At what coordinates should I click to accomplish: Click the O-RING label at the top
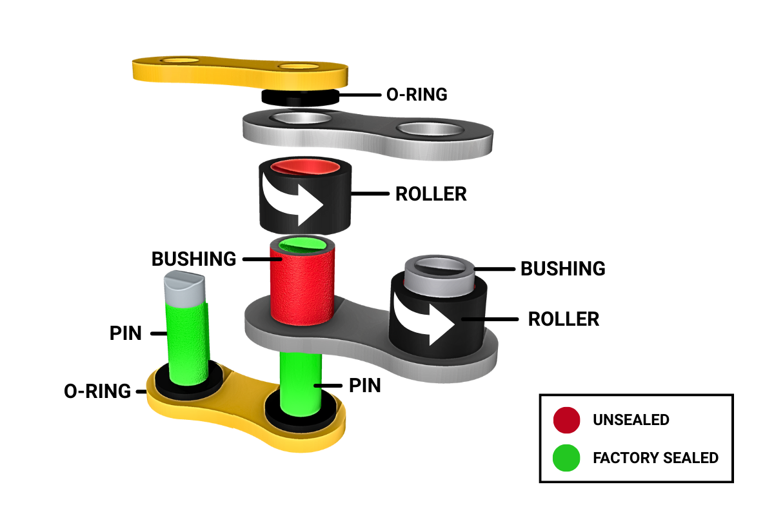416,94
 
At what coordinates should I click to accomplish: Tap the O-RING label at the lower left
97,391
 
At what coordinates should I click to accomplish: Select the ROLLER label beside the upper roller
431,194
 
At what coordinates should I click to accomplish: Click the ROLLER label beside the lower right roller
563,319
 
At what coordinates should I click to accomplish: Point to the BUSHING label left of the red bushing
194,259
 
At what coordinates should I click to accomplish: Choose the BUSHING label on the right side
563,268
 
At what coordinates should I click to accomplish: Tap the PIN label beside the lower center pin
364,386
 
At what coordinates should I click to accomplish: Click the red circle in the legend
566,421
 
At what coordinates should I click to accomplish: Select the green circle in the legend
566,458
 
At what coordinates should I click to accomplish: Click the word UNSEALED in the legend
631,421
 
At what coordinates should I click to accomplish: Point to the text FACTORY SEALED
655,458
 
